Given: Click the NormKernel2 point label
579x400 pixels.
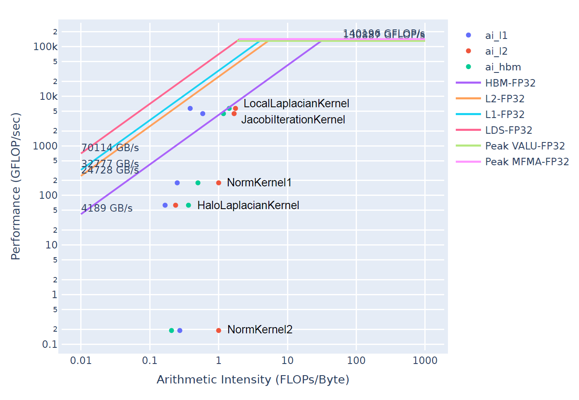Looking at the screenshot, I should [x=260, y=330].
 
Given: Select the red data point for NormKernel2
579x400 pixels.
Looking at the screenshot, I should [x=218, y=330].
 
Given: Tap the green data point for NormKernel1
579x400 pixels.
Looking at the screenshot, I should [x=198, y=183].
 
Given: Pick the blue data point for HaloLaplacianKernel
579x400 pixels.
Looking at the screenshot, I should [x=165, y=205].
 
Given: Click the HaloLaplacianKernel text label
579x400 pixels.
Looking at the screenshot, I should [x=248, y=205].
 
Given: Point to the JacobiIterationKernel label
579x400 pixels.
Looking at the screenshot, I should [x=293, y=120].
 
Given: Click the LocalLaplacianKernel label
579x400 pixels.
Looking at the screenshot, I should [x=296, y=104].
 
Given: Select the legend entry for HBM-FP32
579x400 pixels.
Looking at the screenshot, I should [x=510, y=83].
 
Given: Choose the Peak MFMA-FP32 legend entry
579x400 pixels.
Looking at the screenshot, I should [x=526, y=161].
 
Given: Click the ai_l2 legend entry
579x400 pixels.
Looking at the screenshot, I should [x=496, y=51].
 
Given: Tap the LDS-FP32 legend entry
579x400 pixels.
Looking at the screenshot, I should [x=508, y=130].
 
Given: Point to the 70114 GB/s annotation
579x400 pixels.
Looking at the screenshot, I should [x=110, y=148].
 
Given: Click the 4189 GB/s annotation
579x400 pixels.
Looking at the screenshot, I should [x=107, y=208].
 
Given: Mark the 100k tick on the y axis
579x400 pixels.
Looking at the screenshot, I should [x=45, y=47].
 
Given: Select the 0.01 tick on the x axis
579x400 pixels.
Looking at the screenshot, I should [x=81, y=361].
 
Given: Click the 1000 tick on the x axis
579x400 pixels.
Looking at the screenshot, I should [x=425, y=361].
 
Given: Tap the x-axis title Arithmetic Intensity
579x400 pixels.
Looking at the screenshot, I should [x=253, y=379].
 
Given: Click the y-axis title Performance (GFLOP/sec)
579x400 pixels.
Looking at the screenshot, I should [x=16, y=186].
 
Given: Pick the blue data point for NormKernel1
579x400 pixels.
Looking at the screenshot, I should [x=177, y=183].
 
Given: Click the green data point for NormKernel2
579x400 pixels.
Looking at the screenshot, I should [x=171, y=330].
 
